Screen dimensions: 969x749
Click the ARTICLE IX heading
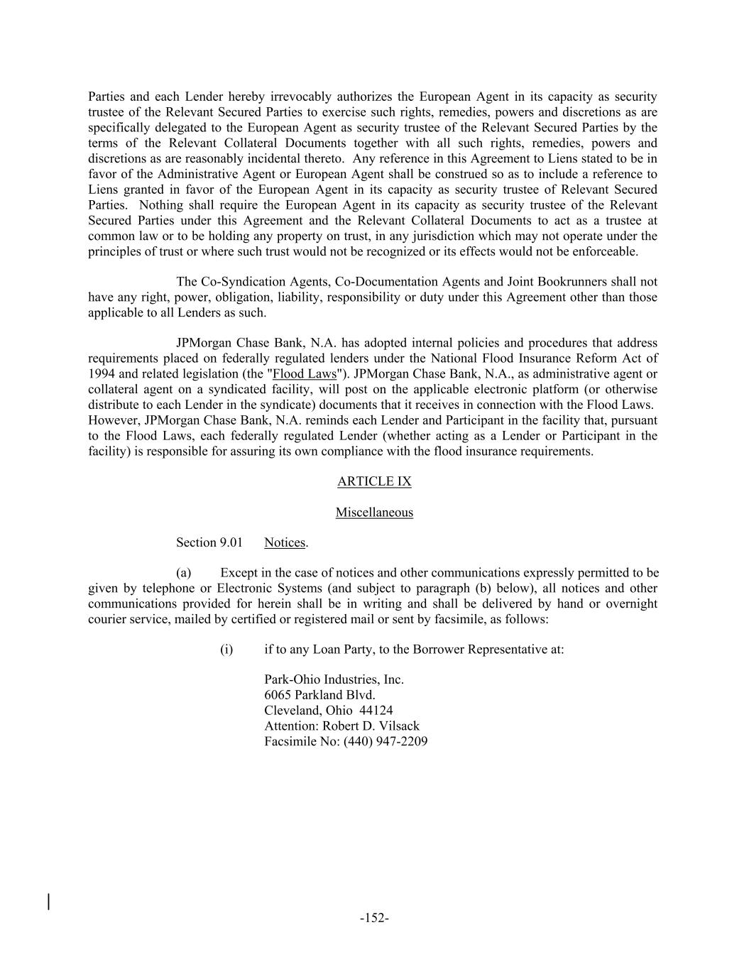coord(374,481)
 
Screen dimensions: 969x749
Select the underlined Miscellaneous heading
coord(374,512)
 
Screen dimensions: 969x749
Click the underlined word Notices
coord(284,542)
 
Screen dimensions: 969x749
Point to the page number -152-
coord(374,918)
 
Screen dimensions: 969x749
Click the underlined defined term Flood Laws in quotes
coord(305,374)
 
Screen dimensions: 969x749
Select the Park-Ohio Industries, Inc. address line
coord(334,679)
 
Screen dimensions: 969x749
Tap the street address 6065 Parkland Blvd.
coord(319,695)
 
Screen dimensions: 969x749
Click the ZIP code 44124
coord(376,711)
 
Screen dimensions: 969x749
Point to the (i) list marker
coord(226,649)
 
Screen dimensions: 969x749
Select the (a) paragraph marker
coord(184,573)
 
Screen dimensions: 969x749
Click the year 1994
coord(101,374)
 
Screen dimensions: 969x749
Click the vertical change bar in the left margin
coord(48,902)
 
